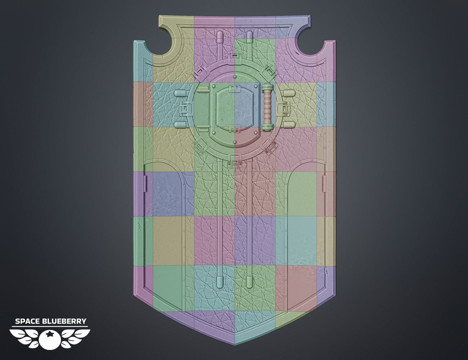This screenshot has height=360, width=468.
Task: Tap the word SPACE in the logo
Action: tap(27, 321)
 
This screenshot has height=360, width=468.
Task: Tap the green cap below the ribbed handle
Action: tap(268, 127)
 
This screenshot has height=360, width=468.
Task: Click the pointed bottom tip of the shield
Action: tap(235, 345)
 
